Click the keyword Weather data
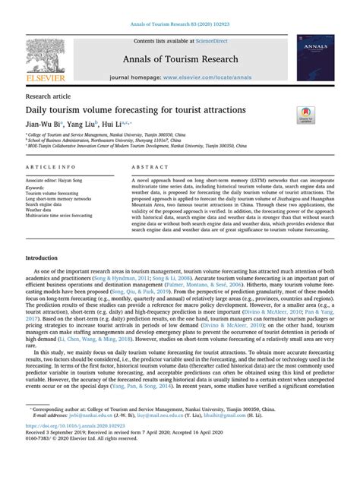pyautogui.click(x=43, y=210)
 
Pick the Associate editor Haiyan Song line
pyautogui.click(x=59, y=180)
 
